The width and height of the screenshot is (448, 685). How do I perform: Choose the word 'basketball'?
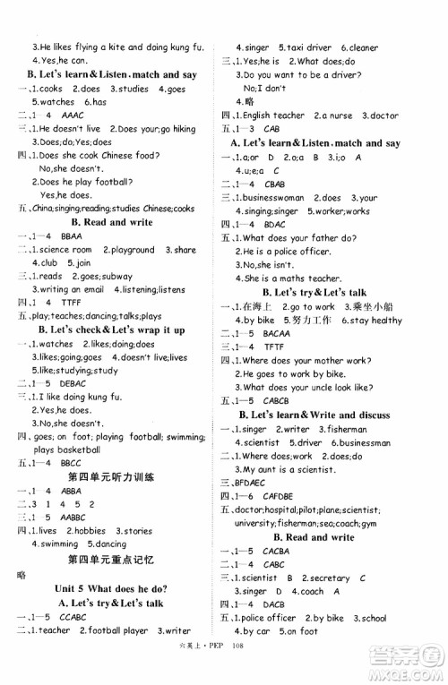tap(72, 450)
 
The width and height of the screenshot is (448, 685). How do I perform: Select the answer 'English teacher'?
tap(274, 116)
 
